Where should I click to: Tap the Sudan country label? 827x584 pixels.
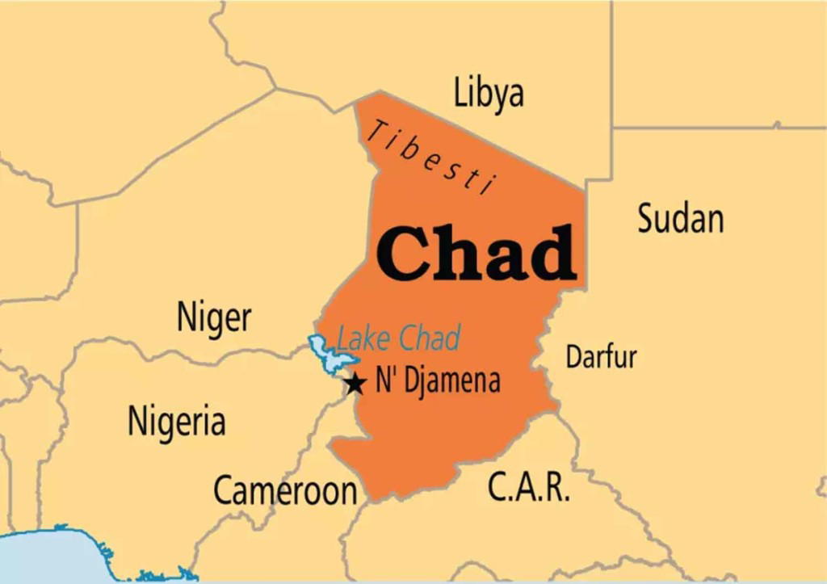pyautogui.click(x=680, y=218)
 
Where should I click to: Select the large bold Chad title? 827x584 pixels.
pyautogui.click(x=477, y=253)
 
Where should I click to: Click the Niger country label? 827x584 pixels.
pyautogui.click(x=214, y=318)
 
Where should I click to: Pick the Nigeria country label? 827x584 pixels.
pyautogui.click(x=177, y=421)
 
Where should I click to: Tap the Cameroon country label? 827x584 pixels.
pyautogui.click(x=284, y=489)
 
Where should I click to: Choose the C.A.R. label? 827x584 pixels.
pyautogui.click(x=528, y=486)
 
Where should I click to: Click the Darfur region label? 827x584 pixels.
pyautogui.click(x=601, y=356)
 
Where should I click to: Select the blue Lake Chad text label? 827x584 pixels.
pyautogui.click(x=398, y=338)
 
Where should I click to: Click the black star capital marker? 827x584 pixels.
pyautogui.click(x=355, y=383)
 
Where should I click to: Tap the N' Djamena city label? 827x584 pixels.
pyautogui.click(x=438, y=380)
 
